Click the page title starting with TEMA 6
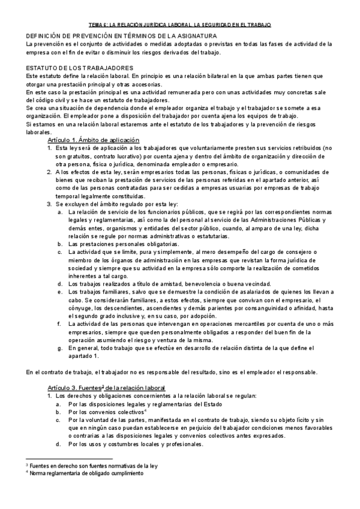click(x=179, y=25)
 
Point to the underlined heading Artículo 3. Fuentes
click(x=105, y=388)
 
